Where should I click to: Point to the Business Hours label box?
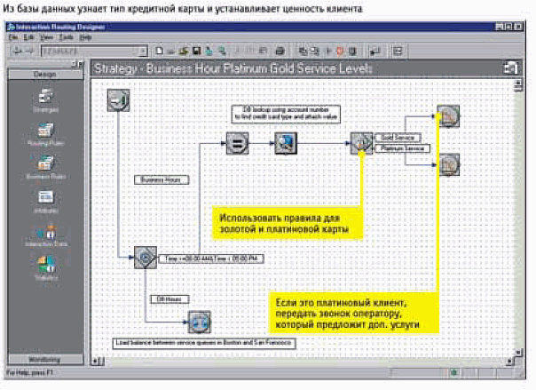161,179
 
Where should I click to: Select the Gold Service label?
398,138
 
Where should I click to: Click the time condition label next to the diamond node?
214,259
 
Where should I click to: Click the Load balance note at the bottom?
204,341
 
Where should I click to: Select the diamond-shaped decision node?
146,259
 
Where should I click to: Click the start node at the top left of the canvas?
118,101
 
